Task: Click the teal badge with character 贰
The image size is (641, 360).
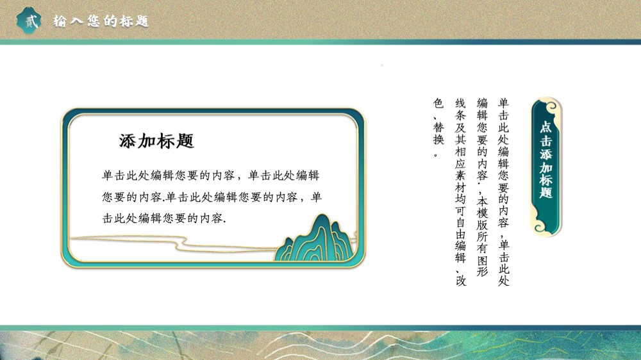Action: point(29,20)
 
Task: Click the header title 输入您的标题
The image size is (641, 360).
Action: point(101,21)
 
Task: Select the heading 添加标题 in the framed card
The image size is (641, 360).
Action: point(156,141)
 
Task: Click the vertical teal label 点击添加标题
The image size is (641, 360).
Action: point(546,167)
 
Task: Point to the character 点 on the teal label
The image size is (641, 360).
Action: point(545,127)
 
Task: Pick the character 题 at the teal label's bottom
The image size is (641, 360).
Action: point(545,192)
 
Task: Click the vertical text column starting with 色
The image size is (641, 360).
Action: point(438,127)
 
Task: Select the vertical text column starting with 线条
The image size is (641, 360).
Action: point(460,192)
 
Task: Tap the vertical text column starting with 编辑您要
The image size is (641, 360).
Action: point(483,187)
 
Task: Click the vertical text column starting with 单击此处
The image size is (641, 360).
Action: point(504,192)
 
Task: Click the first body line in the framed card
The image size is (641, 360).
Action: point(210,176)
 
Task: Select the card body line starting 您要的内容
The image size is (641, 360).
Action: point(212,197)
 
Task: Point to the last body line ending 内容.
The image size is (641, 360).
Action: point(164,218)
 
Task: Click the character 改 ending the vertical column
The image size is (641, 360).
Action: point(461,281)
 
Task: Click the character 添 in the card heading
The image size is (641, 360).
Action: point(127,141)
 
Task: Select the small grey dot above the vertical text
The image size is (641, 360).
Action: point(382,65)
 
